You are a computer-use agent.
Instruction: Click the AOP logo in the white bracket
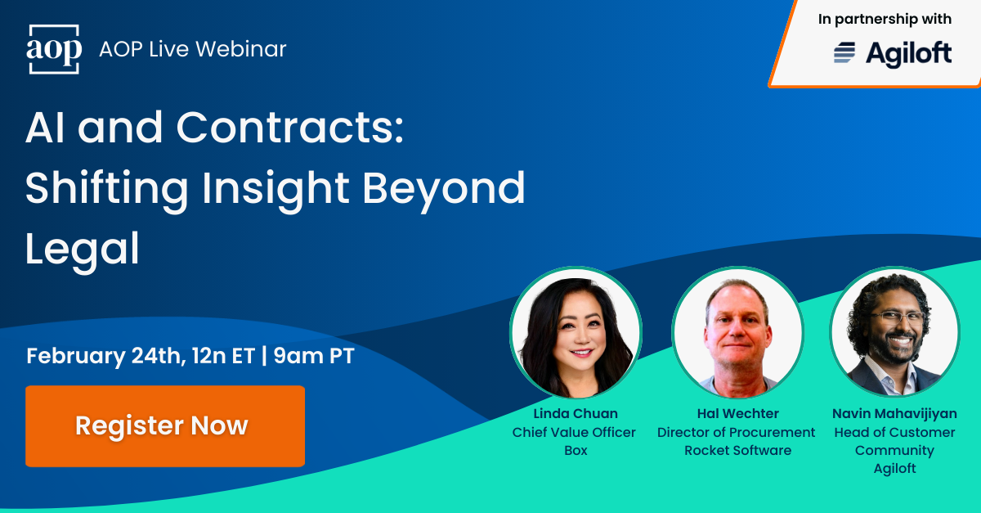click(55, 50)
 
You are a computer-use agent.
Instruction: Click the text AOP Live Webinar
click(192, 49)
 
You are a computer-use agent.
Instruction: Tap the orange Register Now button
click(165, 426)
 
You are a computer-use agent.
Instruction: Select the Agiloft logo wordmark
click(908, 54)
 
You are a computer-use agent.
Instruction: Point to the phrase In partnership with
click(885, 20)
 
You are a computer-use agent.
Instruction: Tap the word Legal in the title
click(83, 249)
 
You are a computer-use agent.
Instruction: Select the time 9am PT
click(314, 357)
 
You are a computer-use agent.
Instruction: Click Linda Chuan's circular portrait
click(576, 333)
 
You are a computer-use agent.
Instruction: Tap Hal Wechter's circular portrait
click(737, 333)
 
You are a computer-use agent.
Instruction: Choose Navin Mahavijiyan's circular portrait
click(894, 333)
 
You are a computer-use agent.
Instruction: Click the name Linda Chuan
click(575, 414)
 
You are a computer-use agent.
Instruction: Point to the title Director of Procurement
click(737, 432)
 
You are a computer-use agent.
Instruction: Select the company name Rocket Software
click(737, 450)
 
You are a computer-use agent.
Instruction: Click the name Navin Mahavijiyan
click(894, 414)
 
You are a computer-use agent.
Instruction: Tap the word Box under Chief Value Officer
click(576, 450)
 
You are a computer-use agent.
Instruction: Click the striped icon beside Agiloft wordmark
click(844, 54)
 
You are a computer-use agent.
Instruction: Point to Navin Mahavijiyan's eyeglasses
click(897, 317)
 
